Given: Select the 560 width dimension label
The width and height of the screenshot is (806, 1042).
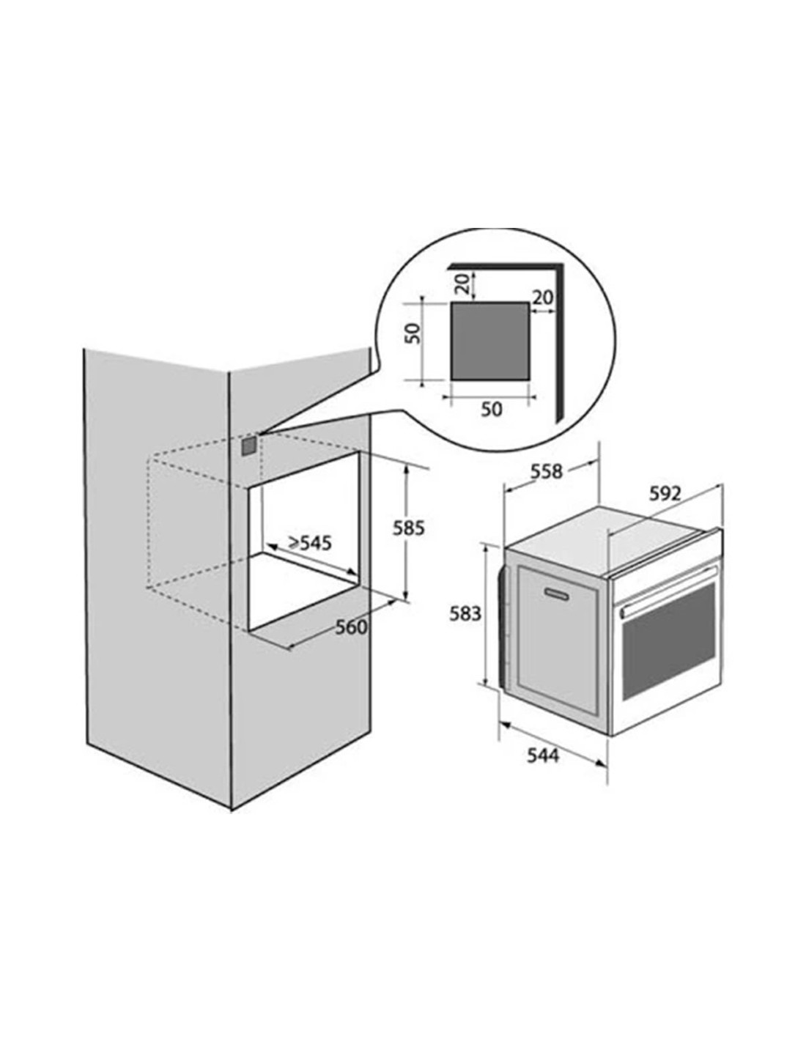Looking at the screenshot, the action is click(351, 627).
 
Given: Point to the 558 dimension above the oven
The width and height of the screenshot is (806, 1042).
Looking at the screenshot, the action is click(546, 472).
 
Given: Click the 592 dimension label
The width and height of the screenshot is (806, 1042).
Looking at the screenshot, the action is click(665, 493).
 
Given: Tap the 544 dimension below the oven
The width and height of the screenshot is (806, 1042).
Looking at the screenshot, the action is click(543, 755).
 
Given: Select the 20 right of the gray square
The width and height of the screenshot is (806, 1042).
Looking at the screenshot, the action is click(543, 298).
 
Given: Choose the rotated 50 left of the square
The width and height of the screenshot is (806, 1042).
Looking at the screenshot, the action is click(413, 333).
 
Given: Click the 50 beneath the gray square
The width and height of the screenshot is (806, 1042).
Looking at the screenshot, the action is click(492, 409).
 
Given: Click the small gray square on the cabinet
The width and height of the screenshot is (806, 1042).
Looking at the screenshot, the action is click(248, 446).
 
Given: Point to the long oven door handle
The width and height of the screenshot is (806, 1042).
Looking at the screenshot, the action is click(668, 591).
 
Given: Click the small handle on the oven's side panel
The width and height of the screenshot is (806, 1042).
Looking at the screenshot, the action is click(556, 594).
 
